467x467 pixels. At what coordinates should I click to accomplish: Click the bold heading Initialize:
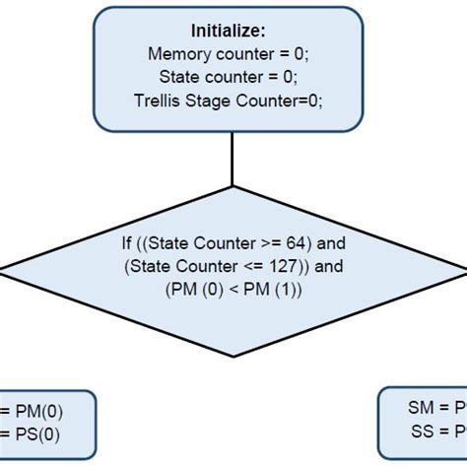233,32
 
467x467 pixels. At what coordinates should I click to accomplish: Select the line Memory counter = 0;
233,53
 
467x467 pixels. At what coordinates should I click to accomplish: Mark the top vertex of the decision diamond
233,187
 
